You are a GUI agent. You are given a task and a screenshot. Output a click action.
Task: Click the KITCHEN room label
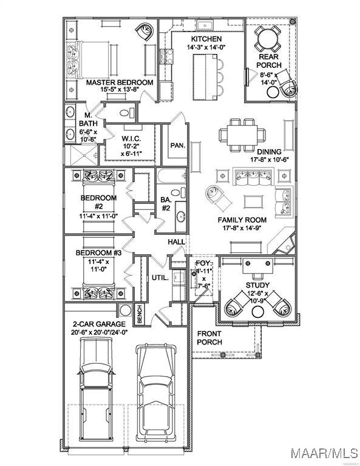click(206, 39)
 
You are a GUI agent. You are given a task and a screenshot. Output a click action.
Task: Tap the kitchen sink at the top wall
click(205, 25)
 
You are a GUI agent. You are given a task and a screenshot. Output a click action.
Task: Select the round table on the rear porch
click(268, 38)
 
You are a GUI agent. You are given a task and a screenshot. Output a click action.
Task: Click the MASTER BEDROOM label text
click(120, 83)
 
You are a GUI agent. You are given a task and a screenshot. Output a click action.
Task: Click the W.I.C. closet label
click(131, 139)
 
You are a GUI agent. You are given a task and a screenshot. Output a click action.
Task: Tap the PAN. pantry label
click(178, 146)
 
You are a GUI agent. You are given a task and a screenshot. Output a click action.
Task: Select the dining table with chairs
click(242, 135)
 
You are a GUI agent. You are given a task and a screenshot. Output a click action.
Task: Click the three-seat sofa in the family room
click(253, 177)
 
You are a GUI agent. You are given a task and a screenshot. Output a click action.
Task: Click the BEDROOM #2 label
click(99, 202)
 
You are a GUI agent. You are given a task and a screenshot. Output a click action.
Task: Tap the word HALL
click(176, 242)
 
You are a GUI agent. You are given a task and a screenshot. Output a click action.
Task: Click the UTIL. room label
click(160, 278)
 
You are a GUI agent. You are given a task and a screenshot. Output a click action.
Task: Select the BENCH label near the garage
click(140, 314)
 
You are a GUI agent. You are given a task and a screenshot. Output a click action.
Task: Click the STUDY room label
click(257, 285)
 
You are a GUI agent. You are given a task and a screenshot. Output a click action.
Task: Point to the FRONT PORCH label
click(209, 338)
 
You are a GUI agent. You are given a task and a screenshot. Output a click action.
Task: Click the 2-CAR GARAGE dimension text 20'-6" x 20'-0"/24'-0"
click(100, 333)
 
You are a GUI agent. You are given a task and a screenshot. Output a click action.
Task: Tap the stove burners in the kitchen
click(167, 56)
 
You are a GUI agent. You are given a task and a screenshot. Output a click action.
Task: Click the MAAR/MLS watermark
click(324, 453)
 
